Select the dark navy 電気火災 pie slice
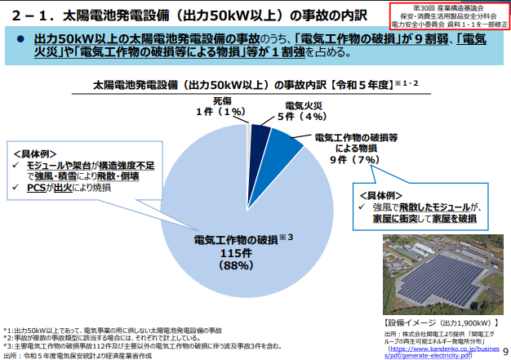[x=260, y=139]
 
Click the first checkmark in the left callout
[x=19, y=165]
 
